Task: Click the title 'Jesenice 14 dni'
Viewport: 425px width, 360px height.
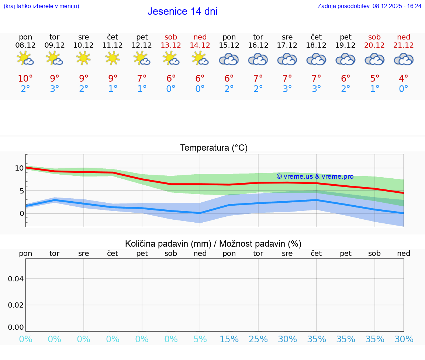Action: click(x=182, y=11)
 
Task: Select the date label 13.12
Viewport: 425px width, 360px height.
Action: click(x=171, y=45)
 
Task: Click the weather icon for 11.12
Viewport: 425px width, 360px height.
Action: click(x=113, y=58)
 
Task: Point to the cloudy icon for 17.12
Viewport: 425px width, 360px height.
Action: click(x=287, y=59)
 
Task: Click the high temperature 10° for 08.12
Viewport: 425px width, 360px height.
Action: click(x=25, y=79)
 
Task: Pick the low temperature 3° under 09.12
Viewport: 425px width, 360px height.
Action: click(x=55, y=89)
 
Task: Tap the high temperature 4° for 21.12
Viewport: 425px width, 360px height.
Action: click(x=404, y=79)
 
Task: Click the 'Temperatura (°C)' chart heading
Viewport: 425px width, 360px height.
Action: click(x=214, y=148)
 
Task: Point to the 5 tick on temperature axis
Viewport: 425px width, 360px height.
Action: click(x=21, y=191)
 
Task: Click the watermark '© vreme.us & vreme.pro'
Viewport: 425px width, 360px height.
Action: click(x=315, y=176)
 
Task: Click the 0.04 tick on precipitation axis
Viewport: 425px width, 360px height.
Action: click(x=16, y=279)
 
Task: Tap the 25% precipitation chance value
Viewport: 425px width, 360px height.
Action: click(x=258, y=339)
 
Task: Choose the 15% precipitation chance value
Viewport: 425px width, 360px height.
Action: click(x=229, y=339)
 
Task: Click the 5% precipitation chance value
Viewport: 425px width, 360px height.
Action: click(x=200, y=339)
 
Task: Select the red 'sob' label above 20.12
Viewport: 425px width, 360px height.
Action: click(x=374, y=37)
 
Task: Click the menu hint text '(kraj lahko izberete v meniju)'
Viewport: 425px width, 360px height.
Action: click(x=41, y=6)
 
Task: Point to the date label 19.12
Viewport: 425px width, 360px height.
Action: click(x=345, y=45)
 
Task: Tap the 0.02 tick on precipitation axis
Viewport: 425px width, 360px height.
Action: click(x=16, y=305)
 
